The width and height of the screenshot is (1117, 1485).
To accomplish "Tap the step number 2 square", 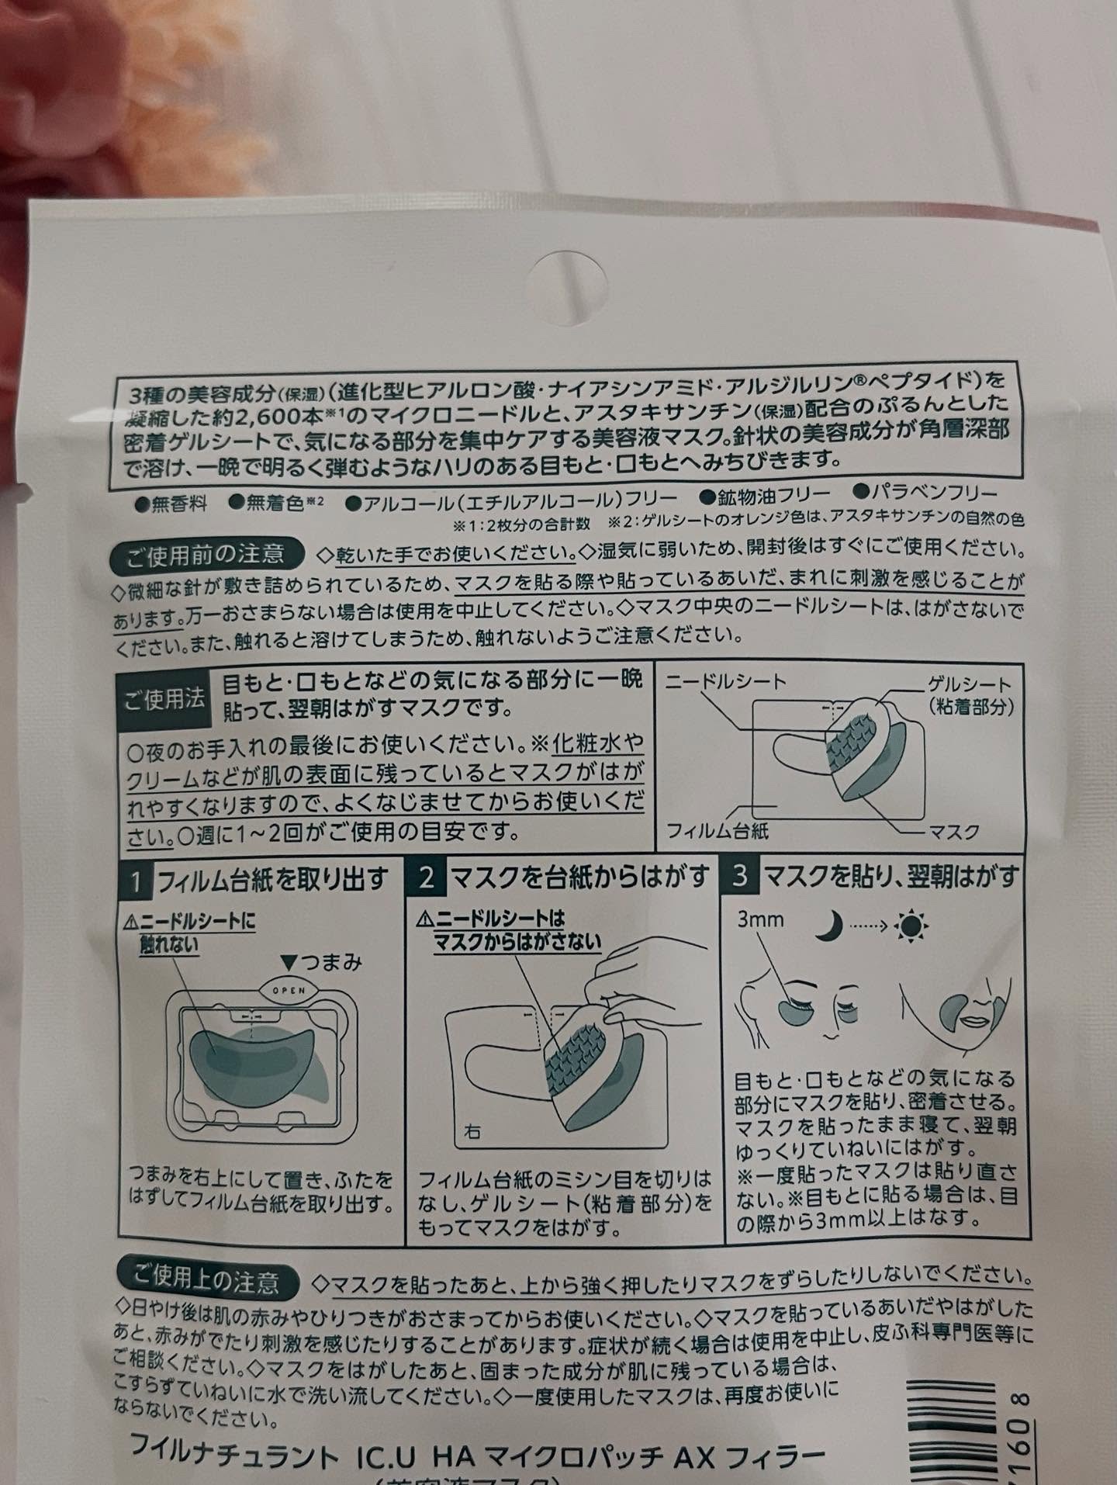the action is [x=426, y=877].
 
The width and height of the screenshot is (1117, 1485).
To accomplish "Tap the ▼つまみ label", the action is [x=322, y=963].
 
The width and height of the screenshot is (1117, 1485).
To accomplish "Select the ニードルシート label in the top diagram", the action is [x=726, y=682].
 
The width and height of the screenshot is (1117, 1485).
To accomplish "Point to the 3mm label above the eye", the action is [x=760, y=920].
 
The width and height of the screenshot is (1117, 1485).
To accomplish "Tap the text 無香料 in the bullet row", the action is [x=179, y=504].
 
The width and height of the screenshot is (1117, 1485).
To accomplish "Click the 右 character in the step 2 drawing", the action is [x=474, y=1132].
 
